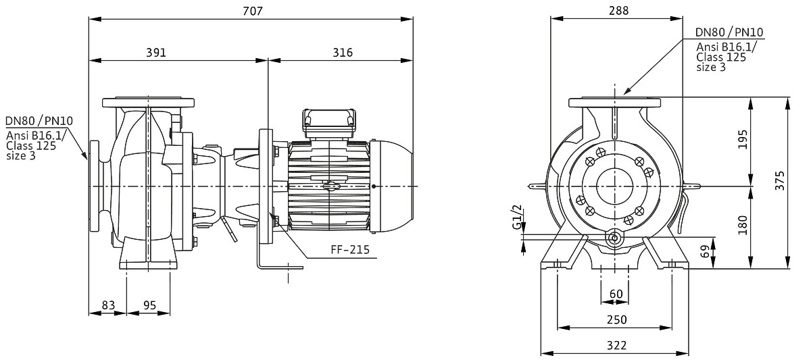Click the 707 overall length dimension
click(251, 11)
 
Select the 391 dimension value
click(155, 53)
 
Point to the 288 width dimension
click(618, 11)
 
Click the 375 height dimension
click(799, 182)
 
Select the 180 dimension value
click(761, 224)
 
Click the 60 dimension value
click(616, 294)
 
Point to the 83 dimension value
click(108, 305)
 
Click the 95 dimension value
click(150, 305)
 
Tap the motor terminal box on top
click(329, 119)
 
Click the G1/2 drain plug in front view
click(615, 238)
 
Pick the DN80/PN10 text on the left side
click(39, 121)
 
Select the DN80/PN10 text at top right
click(730, 32)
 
